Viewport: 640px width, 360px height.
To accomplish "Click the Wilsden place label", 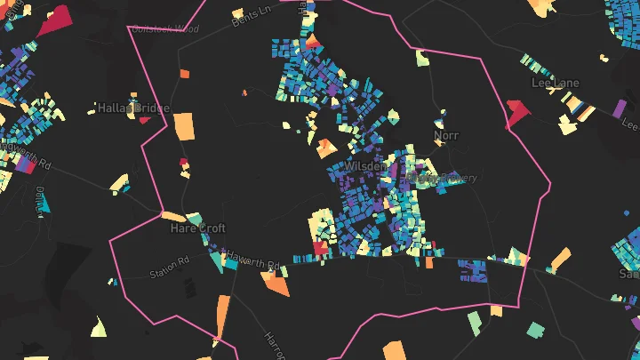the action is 364,166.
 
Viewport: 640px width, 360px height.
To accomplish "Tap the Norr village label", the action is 445,136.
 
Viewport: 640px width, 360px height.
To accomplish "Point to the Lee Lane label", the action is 555,83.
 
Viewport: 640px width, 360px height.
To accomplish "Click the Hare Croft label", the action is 198,228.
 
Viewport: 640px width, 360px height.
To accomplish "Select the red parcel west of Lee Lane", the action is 516,113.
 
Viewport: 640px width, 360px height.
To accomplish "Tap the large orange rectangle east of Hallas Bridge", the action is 184,126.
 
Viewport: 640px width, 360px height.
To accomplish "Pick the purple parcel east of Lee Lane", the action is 619,108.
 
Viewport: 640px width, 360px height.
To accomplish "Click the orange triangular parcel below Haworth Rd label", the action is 276,285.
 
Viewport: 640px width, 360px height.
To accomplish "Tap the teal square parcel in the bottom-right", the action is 535,330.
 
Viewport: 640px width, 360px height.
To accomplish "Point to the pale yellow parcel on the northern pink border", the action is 421,59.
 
